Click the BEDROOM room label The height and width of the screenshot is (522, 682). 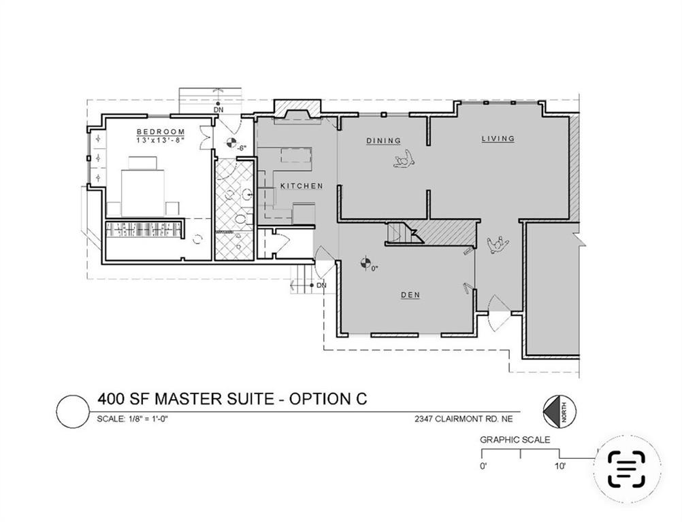[x=161, y=131]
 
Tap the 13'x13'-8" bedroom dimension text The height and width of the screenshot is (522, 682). [x=161, y=140]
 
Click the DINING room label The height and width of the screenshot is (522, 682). [x=383, y=141]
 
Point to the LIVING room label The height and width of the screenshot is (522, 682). [x=498, y=139]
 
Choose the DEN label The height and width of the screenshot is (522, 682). [x=410, y=295]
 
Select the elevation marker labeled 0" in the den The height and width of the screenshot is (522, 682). [x=366, y=260]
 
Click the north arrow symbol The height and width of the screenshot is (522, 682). [x=555, y=411]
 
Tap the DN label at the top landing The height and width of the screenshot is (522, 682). [x=218, y=109]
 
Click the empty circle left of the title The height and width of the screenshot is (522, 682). [x=71, y=413]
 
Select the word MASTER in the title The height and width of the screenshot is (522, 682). [x=184, y=399]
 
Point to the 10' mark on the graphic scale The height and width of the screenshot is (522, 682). [x=559, y=466]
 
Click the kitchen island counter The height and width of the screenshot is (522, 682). [x=295, y=156]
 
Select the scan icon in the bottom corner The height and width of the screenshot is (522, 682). [x=626, y=469]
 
